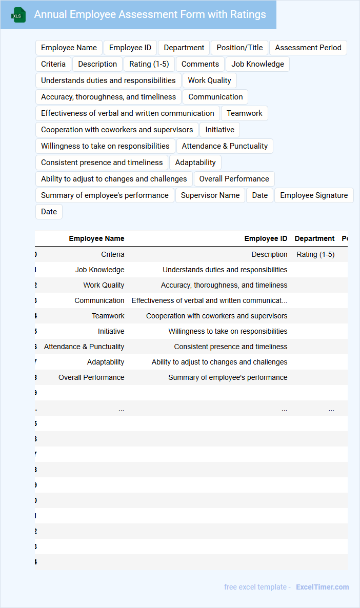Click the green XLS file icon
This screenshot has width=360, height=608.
[18, 15]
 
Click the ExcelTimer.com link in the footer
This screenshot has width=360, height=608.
[322, 587]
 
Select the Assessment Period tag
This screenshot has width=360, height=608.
[308, 48]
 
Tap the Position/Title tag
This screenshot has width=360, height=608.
[239, 48]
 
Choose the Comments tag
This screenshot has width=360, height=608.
[200, 64]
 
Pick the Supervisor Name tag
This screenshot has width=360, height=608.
[210, 195]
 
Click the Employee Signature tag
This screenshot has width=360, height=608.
[314, 195]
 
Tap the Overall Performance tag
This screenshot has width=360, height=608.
[234, 179]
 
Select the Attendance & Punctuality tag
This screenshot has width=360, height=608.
[225, 146]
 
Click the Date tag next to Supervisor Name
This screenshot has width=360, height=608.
[260, 195]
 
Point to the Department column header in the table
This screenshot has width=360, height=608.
[314, 238]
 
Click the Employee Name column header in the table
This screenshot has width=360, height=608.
[96, 238]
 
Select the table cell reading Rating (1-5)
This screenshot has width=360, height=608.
[315, 254]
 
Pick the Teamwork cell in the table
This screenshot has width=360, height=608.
[108, 316]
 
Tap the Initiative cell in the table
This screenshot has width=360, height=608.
[111, 331]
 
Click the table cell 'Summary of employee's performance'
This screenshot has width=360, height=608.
[228, 377]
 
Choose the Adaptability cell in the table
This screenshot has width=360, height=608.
[106, 362]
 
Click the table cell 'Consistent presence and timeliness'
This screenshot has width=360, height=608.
[230, 347]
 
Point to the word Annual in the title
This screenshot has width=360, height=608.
[50, 14]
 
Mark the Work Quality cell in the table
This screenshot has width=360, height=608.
[104, 285]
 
